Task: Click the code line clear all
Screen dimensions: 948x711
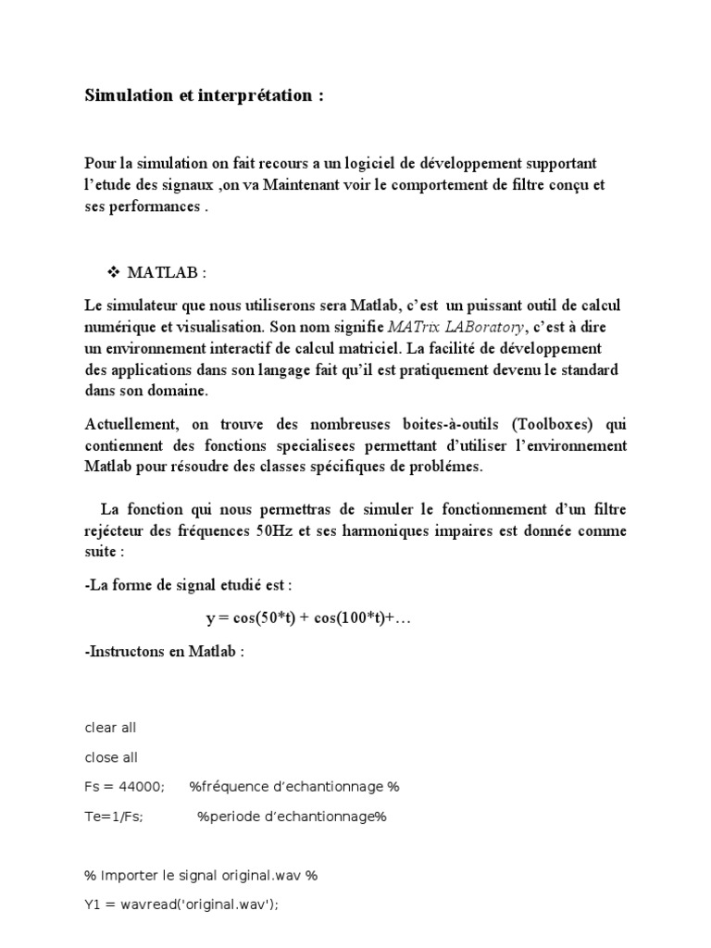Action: [x=110, y=728]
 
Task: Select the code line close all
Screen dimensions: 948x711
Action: [x=111, y=757]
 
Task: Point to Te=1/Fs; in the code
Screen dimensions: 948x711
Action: [x=114, y=816]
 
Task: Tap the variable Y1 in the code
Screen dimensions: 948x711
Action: [x=93, y=904]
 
